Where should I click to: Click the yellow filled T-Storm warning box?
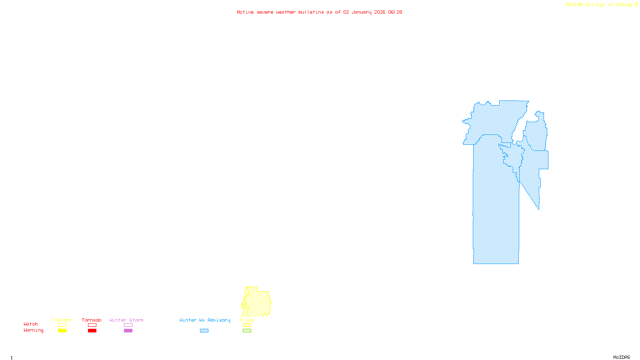pos(62,331)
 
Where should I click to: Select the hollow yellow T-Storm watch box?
pos(62,325)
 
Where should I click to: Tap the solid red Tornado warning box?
pos(92,331)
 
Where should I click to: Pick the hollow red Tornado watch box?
pos(92,325)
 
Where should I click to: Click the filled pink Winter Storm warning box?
pos(128,331)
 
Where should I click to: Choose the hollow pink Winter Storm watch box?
pos(128,325)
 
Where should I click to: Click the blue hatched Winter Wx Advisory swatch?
pos(204,331)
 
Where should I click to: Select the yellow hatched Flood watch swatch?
pos(247,325)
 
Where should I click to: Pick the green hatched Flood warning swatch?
pos(247,331)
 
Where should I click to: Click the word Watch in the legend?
pos(31,324)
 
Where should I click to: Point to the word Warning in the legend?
pos(33,330)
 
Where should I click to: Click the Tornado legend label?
pos(92,320)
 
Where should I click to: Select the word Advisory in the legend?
pos(219,320)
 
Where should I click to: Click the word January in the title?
pos(362,12)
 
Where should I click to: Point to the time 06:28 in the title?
pos(395,12)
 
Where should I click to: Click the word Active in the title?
pos(245,12)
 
